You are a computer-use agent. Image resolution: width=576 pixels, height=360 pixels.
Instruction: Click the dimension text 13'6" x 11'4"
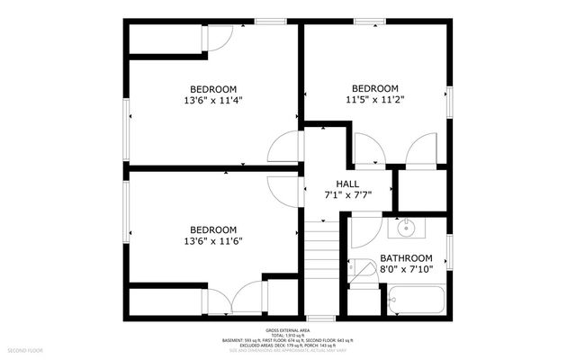pos(212,101)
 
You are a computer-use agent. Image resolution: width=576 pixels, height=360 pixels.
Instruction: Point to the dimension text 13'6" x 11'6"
pos(212,241)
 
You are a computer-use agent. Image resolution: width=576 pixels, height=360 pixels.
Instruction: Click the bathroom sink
pos(407,228)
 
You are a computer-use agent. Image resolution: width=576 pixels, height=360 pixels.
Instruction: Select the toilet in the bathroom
pos(364,270)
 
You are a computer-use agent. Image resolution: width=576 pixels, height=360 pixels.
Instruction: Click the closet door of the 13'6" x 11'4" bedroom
pos(221,37)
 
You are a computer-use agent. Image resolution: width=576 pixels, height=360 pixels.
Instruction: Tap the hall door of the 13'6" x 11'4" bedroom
pos(286,149)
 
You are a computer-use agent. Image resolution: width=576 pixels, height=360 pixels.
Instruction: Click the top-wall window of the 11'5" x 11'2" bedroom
pos(367,22)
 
